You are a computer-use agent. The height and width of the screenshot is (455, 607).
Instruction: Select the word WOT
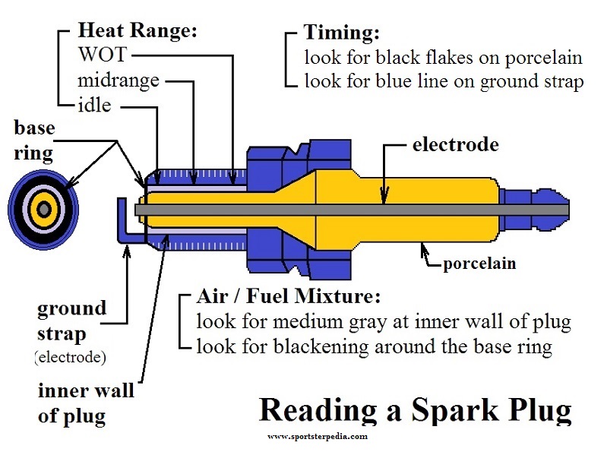click(103, 55)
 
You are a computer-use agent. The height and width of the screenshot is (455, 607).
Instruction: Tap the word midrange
click(119, 80)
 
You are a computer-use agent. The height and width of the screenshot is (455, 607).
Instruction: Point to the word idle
click(94, 104)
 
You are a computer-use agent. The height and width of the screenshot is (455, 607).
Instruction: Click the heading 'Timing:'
click(341, 33)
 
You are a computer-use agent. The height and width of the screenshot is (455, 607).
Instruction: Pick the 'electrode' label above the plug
click(456, 144)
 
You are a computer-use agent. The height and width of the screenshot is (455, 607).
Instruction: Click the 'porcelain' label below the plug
click(479, 264)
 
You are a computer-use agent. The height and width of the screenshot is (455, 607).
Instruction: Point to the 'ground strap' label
click(71, 321)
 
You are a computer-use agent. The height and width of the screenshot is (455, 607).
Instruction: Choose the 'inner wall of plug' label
click(85, 403)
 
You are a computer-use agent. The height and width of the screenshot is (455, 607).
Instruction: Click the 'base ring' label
click(34, 140)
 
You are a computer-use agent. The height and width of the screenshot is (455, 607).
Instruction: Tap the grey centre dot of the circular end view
click(44, 208)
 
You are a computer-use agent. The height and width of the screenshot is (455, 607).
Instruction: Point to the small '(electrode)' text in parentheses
click(70, 357)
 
